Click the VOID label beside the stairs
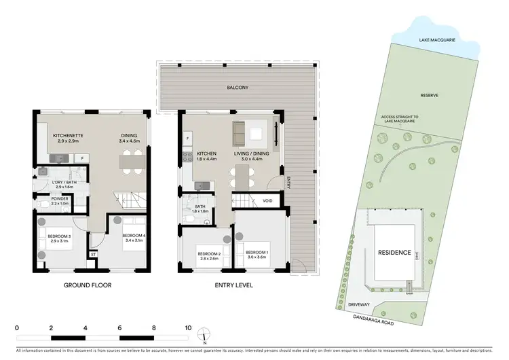click(267, 201)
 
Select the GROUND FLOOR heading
click(88, 285)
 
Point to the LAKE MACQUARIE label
click(438, 39)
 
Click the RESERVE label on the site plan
click(428, 96)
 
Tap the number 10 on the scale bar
click(188, 327)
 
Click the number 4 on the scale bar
click(85, 327)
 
